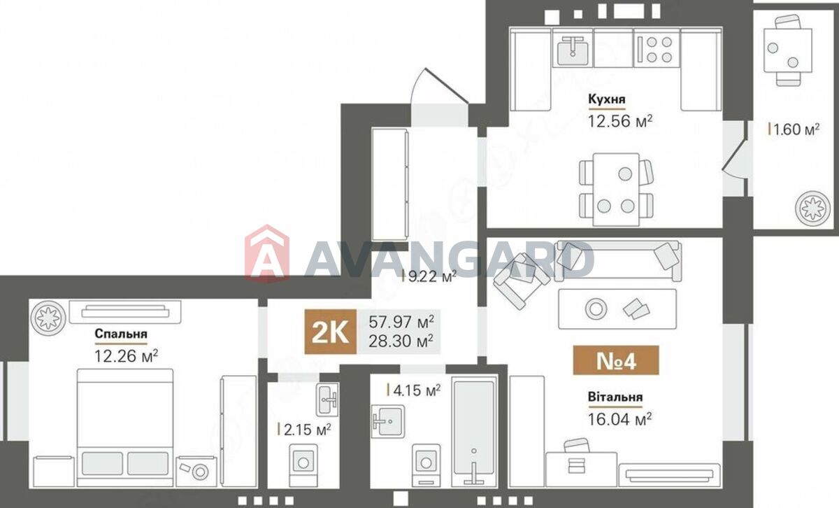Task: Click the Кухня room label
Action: tap(607, 99)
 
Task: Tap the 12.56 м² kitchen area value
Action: tap(620, 121)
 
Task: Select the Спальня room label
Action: tap(121, 334)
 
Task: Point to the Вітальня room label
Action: tap(615, 397)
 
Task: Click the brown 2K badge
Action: tap(330, 332)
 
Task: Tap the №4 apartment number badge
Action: tap(616, 360)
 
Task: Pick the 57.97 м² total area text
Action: tap(401, 322)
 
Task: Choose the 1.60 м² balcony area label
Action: tap(794, 129)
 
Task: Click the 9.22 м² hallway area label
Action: tap(429, 276)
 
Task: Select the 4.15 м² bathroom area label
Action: tap(414, 390)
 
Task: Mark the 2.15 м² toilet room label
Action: tap(305, 430)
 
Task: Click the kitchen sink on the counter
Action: tap(573, 50)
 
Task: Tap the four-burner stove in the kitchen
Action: tap(657, 49)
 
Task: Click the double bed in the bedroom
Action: tap(125, 428)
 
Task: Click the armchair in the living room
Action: tap(522, 280)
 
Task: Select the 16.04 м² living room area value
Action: tap(619, 419)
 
